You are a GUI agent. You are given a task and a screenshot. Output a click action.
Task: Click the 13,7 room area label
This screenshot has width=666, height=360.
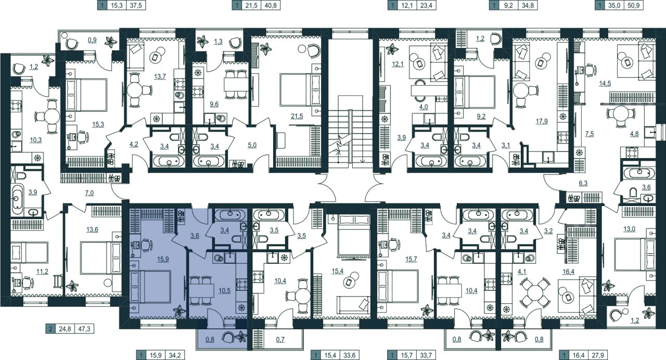pyautogui.click(x=160, y=76)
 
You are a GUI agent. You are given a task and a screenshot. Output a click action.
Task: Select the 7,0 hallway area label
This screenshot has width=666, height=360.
pyautogui.click(x=89, y=193)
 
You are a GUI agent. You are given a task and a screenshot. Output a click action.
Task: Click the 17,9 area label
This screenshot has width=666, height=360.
pyautogui.click(x=542, y=121)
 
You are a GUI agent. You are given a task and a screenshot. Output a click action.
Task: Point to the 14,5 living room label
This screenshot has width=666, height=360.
pyautogui.click(x=605, y=84)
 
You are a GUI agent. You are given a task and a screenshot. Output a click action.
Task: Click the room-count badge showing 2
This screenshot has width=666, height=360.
pyautogui.click(x=50, y=329)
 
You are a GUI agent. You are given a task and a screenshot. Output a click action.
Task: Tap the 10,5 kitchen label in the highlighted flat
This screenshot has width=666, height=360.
pyautogui.click(x=224, y=291)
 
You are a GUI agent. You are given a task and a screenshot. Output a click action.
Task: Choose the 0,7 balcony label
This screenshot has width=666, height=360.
pyautogui.click(x=280, y=339)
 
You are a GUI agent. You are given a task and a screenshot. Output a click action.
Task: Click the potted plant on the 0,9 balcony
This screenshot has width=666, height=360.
pyautogui.click(x=111, y=42)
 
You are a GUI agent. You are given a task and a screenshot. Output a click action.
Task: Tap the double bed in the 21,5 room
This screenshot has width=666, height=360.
pyautogui.click(x=300, y=89)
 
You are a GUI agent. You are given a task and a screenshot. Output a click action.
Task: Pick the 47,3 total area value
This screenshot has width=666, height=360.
pyautogui.click(x=84, y=329)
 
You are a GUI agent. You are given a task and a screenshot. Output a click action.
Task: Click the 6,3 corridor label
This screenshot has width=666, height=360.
pyautogui.click(x=583, y=183)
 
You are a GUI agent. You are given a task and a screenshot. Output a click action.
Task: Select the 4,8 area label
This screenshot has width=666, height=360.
pyautogui.click(x=634, y=134)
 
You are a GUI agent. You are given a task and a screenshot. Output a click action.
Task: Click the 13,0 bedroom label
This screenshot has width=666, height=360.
pyautogui.click(x=629, y=229)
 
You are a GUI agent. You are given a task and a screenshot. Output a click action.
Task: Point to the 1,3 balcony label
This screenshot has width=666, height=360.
pyautogui.click(x=218, y=42)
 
